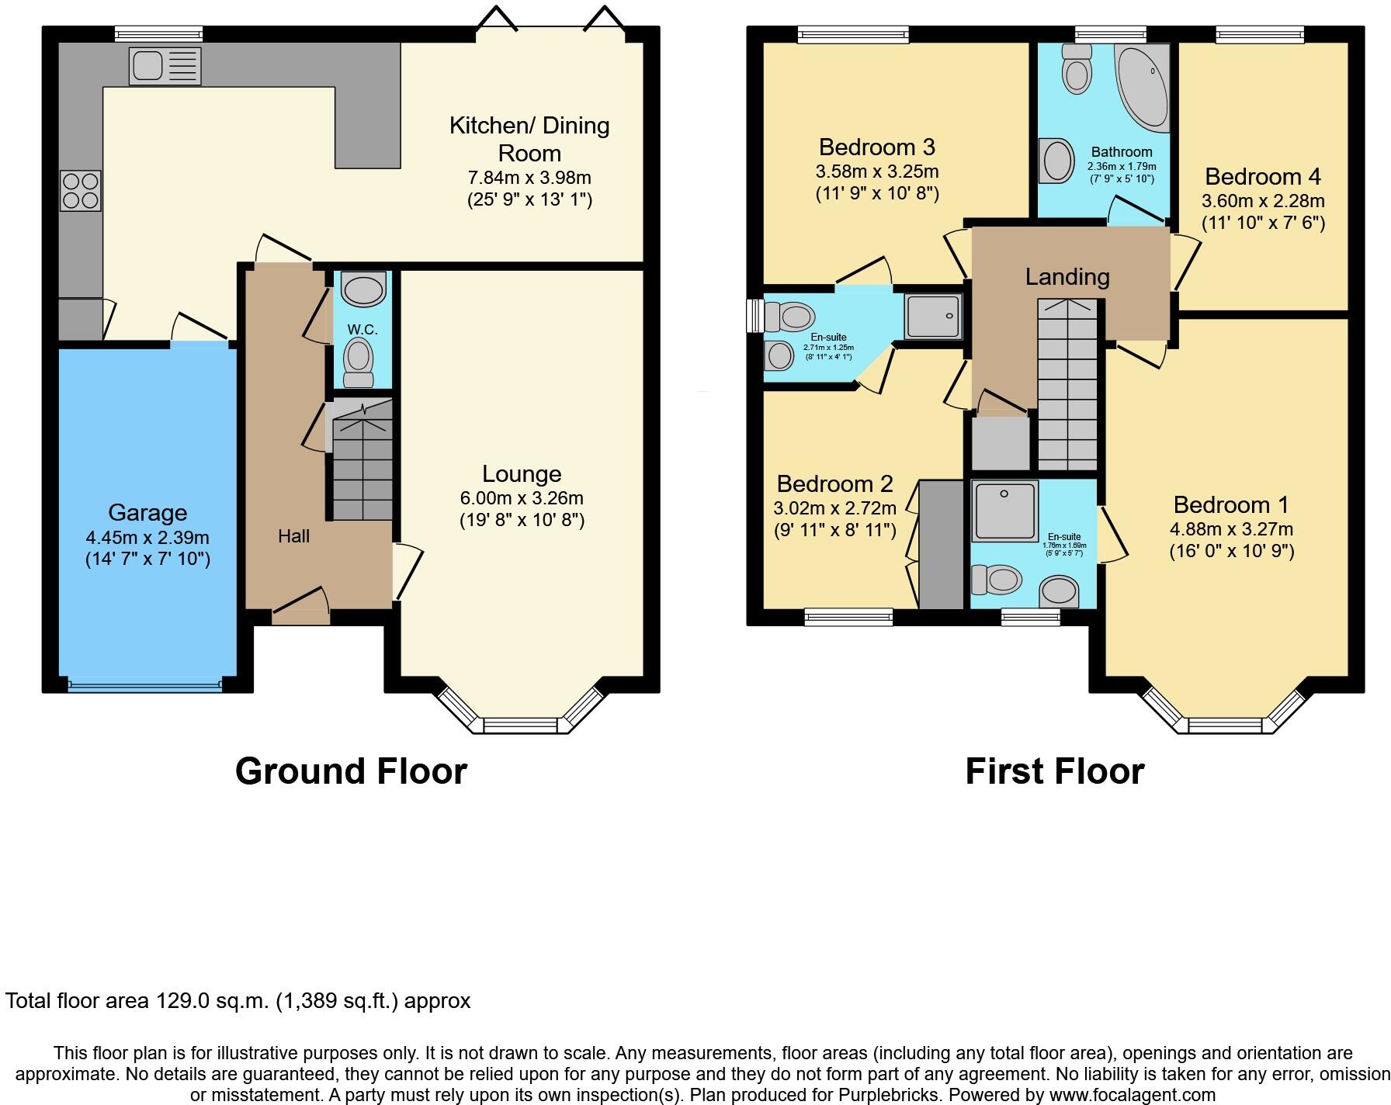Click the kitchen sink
point(166,65)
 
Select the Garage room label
point(147,513)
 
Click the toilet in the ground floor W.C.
point(358,362)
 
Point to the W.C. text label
point(362,330)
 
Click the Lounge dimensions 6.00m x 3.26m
point(522,498)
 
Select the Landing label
point(1067,277)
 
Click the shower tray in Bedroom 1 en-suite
point(1004,510)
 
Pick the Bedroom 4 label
point(1263,177)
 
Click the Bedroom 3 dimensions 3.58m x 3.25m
point(877,171)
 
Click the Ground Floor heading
point(351,771)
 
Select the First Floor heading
point(1054,771)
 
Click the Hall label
point(294,536)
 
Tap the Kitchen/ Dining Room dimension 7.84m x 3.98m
point(529,178)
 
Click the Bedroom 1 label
point(1231,505)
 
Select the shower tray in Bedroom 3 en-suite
point(932,317)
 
